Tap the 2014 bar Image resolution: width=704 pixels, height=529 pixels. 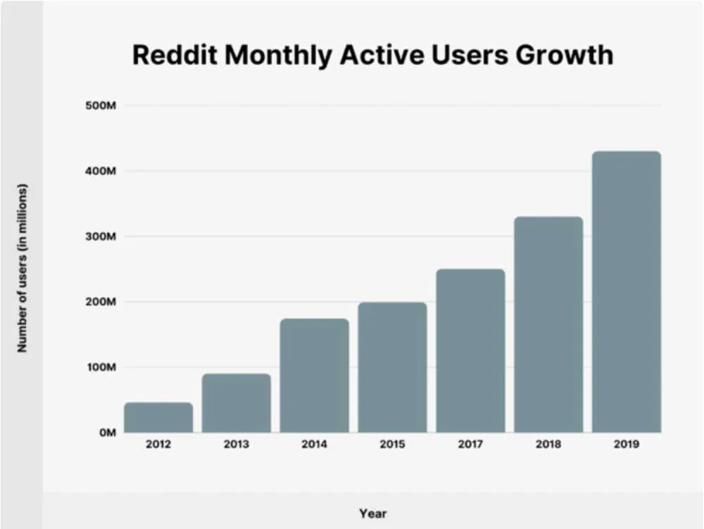click(x=314, y=376)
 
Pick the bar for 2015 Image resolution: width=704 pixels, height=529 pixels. click(x=392, y=367)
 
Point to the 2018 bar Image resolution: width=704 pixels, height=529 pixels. click(x=548, y=324)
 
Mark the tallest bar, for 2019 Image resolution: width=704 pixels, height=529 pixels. click(x=627, y=291)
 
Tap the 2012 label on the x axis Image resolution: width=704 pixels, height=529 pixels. click(x=158, y=445)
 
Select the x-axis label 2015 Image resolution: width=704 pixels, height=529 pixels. click(x=392, y=445)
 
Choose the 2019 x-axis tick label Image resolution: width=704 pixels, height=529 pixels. click(x=627, y=445)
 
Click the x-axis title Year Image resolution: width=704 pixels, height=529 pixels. click(x=372, y=514)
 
